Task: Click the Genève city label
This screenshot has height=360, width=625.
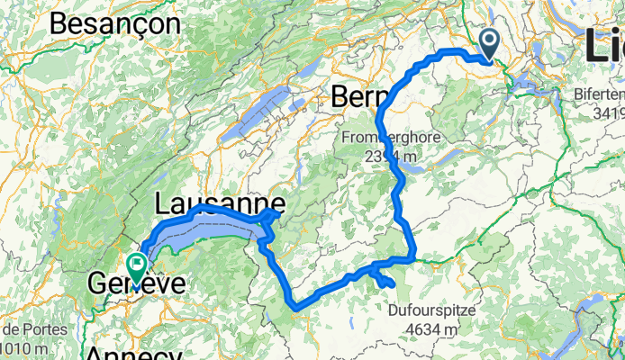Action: click(136, 286)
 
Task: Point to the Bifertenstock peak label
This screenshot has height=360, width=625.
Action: click(600, 94)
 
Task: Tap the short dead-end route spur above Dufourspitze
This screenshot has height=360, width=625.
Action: click(386, 281)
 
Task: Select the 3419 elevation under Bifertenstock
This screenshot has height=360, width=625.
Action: click(608, 112)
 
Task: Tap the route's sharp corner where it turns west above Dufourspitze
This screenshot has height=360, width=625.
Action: click(413, 257)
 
